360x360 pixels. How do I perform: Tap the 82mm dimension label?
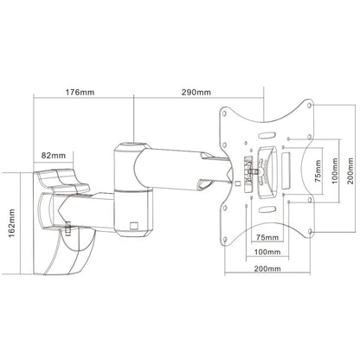(x=53, y=156)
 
